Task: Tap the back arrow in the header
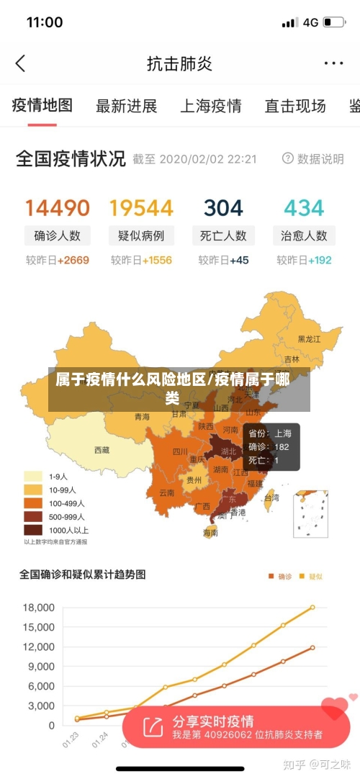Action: coord(20,63)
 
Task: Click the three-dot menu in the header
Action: coord(333,63)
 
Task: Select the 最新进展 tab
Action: coord(126,107)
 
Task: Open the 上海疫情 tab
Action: coord(210,107)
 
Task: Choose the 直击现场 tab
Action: coord(294,107)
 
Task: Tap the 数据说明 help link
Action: coord(313,158)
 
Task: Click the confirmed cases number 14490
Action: coord(58,208)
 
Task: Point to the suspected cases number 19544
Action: coord(141,208)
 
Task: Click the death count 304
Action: coord(223,208)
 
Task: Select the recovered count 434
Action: coord(304,208)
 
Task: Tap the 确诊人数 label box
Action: coord(58,235)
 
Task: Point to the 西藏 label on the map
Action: coord(102,450)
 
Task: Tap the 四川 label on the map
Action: coord(180,452)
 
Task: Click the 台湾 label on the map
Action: coord(271,497)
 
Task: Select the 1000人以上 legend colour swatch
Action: coord(33,530)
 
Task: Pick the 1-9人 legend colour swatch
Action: coord(33,476)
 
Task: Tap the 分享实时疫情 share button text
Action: coord(213,721)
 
